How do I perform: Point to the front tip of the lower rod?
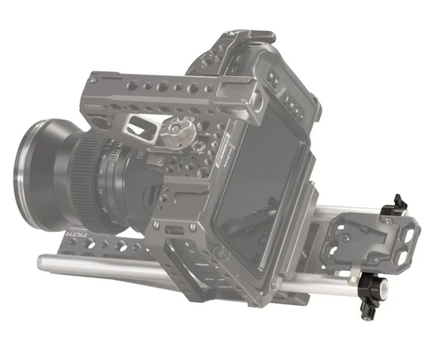(x=44, y=263)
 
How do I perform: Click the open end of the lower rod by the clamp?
(x=384, y=287)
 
